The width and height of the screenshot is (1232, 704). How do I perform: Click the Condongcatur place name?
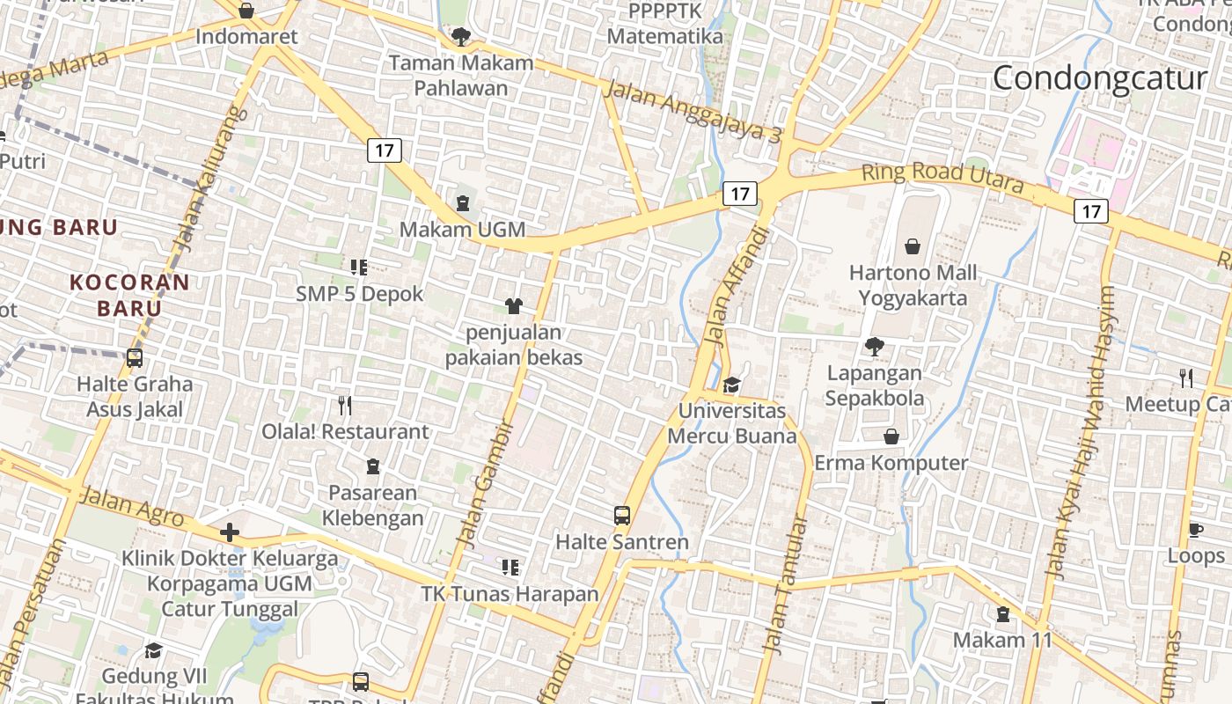(1099, 78)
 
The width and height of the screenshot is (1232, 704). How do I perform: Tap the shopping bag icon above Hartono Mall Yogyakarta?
(913, 246)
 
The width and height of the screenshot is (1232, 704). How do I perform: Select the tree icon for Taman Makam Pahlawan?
(459, 36)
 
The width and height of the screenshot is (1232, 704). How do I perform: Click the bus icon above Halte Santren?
(622, 516)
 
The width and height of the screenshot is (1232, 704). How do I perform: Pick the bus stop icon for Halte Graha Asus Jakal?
(135, 358)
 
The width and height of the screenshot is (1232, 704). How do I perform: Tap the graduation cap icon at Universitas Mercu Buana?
(731, 385)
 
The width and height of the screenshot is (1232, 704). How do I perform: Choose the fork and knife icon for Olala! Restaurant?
(345, 406)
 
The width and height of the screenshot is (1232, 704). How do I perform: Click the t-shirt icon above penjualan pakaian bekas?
(514, 306)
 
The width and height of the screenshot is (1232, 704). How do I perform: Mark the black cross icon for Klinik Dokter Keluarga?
(230, 532)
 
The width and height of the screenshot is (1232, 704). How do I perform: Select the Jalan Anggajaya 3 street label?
(693, 110)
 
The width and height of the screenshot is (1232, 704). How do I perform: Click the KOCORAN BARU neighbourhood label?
(129, 295)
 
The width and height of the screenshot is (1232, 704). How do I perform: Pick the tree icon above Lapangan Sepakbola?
(874, 347)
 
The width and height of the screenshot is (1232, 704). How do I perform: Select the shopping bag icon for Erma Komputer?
(891, 436)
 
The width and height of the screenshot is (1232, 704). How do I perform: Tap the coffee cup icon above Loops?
(1195, 530)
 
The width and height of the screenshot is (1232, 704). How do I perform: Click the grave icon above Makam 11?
(1002, 614)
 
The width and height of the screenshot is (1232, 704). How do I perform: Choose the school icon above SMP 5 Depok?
(358, 267)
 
